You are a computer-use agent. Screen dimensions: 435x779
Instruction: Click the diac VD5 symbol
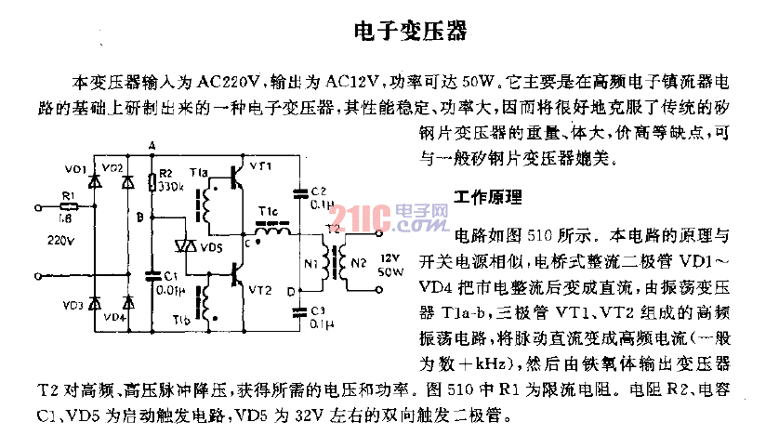click(x=189, y=245)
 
